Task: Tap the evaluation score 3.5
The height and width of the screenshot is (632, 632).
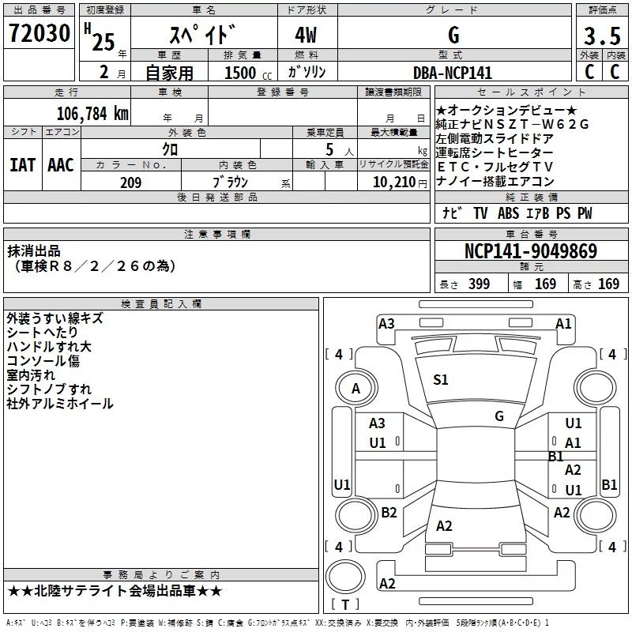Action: click(601, 36)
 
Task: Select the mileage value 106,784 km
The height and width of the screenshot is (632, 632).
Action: click(92, 114)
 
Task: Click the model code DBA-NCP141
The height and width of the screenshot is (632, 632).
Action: click(453, 73)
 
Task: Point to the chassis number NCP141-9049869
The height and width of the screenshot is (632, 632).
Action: click(530, 251)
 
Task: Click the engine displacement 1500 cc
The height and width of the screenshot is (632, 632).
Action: click(240, 73)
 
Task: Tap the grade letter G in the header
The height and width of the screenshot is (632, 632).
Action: click(453, 35)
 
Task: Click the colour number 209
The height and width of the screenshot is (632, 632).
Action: click(130, 182)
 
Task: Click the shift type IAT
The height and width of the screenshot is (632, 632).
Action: click(22, 164)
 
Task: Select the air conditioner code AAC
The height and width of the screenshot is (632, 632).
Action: click(61, 164)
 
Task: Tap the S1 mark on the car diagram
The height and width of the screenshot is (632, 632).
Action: click(441, 380)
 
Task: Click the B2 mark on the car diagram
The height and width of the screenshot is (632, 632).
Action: click(389, 513)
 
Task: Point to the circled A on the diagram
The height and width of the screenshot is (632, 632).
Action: click(355, 388)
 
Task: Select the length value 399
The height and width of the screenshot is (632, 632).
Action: click(479, 284)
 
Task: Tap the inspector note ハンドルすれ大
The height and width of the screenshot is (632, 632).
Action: click(49, 347)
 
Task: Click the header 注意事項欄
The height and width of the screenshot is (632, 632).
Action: click(217, 235)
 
